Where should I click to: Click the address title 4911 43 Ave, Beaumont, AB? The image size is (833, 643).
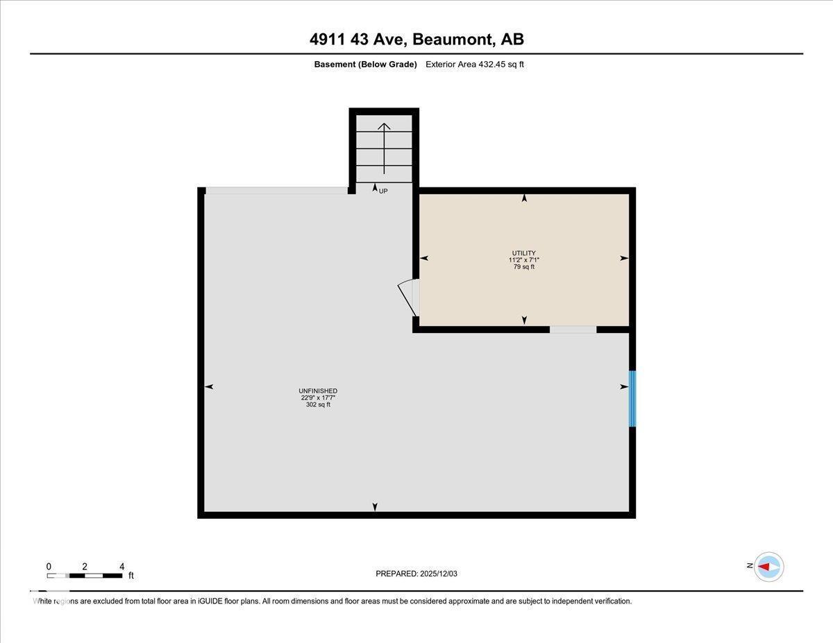point(416,40)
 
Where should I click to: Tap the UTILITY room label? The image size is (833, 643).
point(524,253)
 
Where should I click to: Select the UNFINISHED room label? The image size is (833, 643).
point(318,391)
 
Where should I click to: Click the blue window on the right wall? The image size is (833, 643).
point(632,399)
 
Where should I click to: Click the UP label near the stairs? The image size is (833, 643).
point(383,191)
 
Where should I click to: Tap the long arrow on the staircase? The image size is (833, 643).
point(384,148)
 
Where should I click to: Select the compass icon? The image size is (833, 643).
point(768,567)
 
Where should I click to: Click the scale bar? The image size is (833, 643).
point(85,576)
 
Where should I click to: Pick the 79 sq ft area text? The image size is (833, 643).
point(524,267)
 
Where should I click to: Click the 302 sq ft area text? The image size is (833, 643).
point(318,405)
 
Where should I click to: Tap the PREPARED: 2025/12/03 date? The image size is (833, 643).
point(416,574)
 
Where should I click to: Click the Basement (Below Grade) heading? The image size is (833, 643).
point(365,65)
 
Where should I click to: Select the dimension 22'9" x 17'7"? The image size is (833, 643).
point(318,398)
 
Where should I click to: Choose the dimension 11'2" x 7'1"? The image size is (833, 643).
point(524,260)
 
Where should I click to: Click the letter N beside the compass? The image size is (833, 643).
point(750,566)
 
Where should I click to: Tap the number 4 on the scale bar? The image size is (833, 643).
point(121,566)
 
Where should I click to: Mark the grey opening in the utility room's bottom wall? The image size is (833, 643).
point(573,329)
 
